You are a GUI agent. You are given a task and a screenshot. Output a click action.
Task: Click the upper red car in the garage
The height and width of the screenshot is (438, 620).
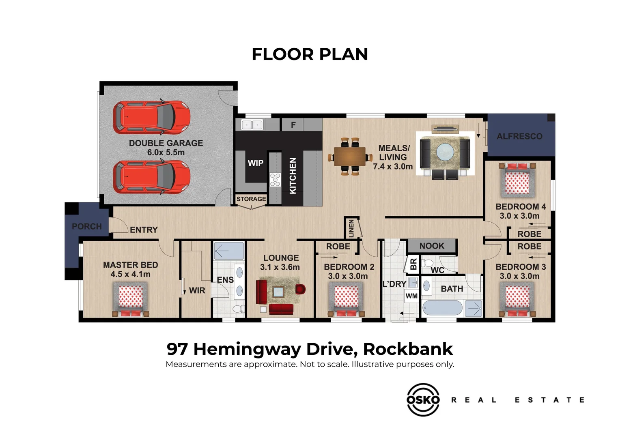point(152,117)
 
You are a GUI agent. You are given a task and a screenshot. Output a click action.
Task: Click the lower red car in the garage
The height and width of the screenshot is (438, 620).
point(152,177)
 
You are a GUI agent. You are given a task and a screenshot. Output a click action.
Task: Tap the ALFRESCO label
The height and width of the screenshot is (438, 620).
point(519,136)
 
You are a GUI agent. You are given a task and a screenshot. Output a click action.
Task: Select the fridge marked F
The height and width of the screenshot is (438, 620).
point(293,125)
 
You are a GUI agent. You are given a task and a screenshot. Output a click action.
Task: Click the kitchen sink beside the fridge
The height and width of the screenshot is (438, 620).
point(252,125)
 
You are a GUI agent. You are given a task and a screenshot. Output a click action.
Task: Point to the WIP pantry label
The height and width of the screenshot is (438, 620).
point(256,163)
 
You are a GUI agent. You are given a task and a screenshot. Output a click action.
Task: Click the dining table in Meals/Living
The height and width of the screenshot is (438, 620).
point(350,157)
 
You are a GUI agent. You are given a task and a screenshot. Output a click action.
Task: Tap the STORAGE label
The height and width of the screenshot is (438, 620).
point(251,199)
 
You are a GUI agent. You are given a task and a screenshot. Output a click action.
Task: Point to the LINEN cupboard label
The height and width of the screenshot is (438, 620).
point(351,228)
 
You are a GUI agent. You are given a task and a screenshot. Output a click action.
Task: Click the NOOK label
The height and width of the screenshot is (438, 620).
point(432,246)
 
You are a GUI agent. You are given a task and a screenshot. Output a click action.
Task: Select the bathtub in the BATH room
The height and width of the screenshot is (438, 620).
point(442,308)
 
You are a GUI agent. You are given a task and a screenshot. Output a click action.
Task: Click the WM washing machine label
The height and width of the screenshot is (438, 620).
point(411,296)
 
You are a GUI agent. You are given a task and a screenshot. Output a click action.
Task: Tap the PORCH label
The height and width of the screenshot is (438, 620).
point(87,226)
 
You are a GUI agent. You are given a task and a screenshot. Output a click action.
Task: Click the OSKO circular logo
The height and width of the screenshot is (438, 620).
point(423,399)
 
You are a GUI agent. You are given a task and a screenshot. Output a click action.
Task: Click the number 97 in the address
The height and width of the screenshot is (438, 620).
point(177,349)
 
